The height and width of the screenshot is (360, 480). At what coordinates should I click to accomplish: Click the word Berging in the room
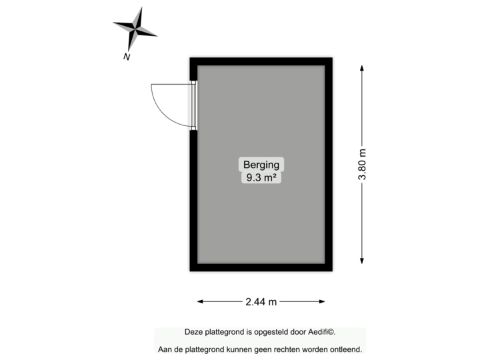[x=261, y=165]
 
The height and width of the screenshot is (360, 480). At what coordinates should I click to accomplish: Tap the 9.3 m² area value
[x=261, y=177]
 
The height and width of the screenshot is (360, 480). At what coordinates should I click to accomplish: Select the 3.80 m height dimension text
[x=362, y=164]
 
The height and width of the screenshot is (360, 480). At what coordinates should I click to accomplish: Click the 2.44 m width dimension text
[x=261, y=302]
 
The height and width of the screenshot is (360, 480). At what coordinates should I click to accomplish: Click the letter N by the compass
[x=126, y=57]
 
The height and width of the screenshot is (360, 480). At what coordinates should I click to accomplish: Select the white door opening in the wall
[x=193, y=105]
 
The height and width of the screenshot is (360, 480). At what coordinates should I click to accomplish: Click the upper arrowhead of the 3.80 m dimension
[x=362, y=67]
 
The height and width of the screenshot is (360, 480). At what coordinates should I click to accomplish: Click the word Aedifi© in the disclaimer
[x=321, y=332]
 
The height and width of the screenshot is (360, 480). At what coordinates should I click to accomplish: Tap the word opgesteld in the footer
[x=271, y=332]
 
